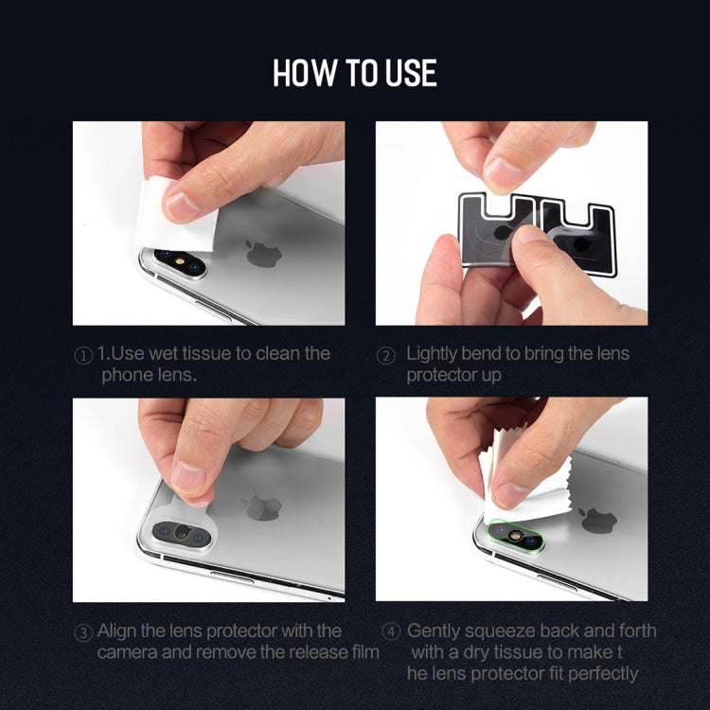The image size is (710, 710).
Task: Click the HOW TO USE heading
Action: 355,73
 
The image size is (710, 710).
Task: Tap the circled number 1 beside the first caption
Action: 83,355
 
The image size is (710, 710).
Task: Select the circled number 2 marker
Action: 386,355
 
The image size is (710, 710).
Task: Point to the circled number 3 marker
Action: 83,632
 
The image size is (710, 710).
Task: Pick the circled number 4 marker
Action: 391,631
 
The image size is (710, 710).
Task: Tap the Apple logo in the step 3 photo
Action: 261,507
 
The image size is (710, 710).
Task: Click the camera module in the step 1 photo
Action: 180,262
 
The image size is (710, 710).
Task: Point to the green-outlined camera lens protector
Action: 515,536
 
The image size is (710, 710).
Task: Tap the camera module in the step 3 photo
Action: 182,533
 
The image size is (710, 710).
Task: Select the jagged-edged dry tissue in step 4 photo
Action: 525,476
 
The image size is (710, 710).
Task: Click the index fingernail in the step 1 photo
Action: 181,207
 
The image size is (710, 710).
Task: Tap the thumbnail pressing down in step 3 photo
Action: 188,478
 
